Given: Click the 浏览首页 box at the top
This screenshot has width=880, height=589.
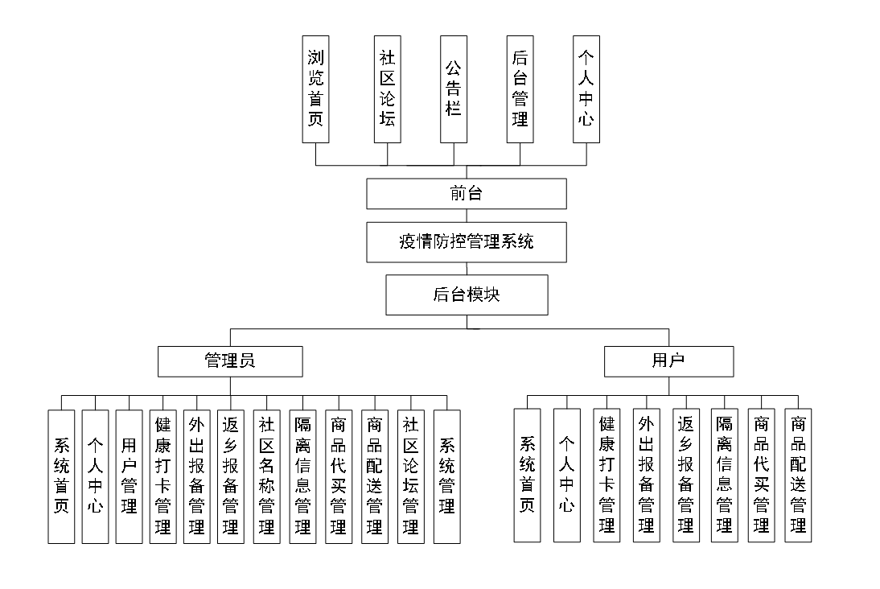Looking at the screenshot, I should pyautogui.click(x=315, y=89).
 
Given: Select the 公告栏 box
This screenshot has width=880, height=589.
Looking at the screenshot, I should pyautogui.click(x=454, y=89).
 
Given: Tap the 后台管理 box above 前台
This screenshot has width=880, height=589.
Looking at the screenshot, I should pyautogui.click(x=520, y=89).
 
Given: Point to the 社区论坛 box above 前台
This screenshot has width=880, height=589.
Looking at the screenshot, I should pyautogui.click(x=388, y=89).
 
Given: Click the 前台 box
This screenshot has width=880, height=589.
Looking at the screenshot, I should pyautogui.click(x=467, y=194).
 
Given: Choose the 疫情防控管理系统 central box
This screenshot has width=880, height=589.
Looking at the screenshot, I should pyautogui.click(x=467, y=242).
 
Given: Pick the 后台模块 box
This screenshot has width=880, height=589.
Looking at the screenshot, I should pyautogui.click(x=467, y=294).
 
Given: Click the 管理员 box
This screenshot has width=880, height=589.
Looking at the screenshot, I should pyautogui.click(x=230, y=361).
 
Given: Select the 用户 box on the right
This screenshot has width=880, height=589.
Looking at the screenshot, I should pyautogui.click(x=668, y=361).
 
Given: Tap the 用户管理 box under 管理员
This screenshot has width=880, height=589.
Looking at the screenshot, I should pyautogui.click(x=129, y=476).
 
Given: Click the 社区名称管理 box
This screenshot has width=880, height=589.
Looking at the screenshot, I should pyautogui.click(x=266, y=476).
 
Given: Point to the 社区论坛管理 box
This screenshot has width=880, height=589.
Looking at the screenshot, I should pyautogui.click(x=410, y=476).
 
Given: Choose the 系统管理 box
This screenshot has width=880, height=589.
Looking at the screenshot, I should pyautogui.click(x=446, y=476).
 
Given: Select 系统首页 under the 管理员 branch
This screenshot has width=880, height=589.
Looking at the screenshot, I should pyautogui.click(x=61, y=476).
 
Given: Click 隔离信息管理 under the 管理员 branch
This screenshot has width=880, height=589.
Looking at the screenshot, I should pyautogui.click(x=302, y=476).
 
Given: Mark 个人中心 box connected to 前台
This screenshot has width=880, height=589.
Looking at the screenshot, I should pyautogui.click(x=586, y=89).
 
